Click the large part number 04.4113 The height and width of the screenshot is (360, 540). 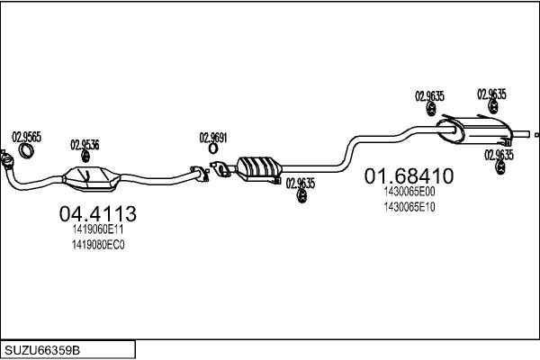pyautogui.click(x=98, y=213)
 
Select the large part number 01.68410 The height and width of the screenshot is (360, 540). pyautogui.click(x=409, y=176)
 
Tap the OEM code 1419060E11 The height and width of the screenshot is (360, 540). pyautogui.click(x=98, y=229)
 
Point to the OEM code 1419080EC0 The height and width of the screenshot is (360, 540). pyautogui.click(x=98, y=245)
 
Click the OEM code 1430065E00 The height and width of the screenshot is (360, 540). pyautogui.click(x=409, y=192)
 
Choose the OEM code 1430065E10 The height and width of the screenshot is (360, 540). pyautogui.click(x=409, y=207)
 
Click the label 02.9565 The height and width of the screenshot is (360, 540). pyautogui.click(x=26, y=137)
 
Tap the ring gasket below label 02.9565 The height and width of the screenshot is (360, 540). pyautogui.click(x=26, y=151)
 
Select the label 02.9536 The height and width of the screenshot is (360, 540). pyautogui.click(x=85, y=145)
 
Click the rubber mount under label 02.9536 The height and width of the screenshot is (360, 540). pyautogui.click(x=85, y=156)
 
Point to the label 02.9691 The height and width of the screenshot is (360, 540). pyautogui.click(x=213, y=138)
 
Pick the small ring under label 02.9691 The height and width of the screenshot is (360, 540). pyautogui.click(x=213, y=148)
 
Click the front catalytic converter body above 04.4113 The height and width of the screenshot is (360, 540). pyautogui.click(x=91, y=178)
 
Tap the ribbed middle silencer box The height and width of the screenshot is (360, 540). pyautogui.click(x=259, y=169)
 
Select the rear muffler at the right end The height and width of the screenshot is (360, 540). pyautogui.click(x=474, y=130)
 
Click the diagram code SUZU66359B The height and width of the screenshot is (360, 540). pyautogui.click(x=42, y=350)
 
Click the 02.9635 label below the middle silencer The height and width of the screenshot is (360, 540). pyautogui.click(x=301, y=184)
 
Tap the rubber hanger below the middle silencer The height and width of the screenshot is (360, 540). pyautogui.click(x=302, y=196)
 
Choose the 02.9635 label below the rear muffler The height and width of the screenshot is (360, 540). pyautogui.click(x=499, y=155)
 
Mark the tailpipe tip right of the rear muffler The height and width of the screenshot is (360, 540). pyautogui.click(x=536, y=135)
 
